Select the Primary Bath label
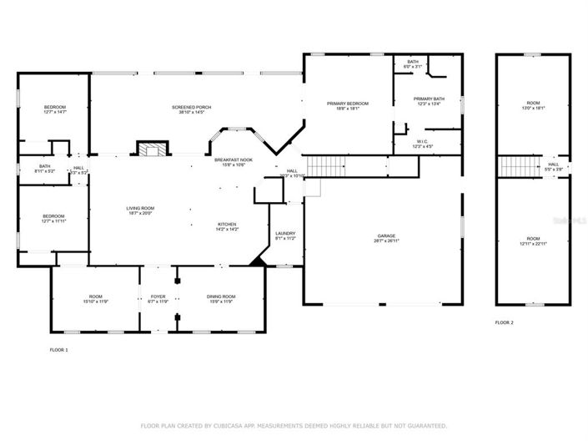430,101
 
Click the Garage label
384,239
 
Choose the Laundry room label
285,236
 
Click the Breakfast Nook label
234,162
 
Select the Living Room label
139,210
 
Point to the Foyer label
158,298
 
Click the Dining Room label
221,298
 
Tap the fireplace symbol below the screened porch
151,150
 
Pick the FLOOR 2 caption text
504,322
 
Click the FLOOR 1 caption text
58,350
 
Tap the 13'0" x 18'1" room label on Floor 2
532,107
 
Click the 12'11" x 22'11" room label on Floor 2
532,241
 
